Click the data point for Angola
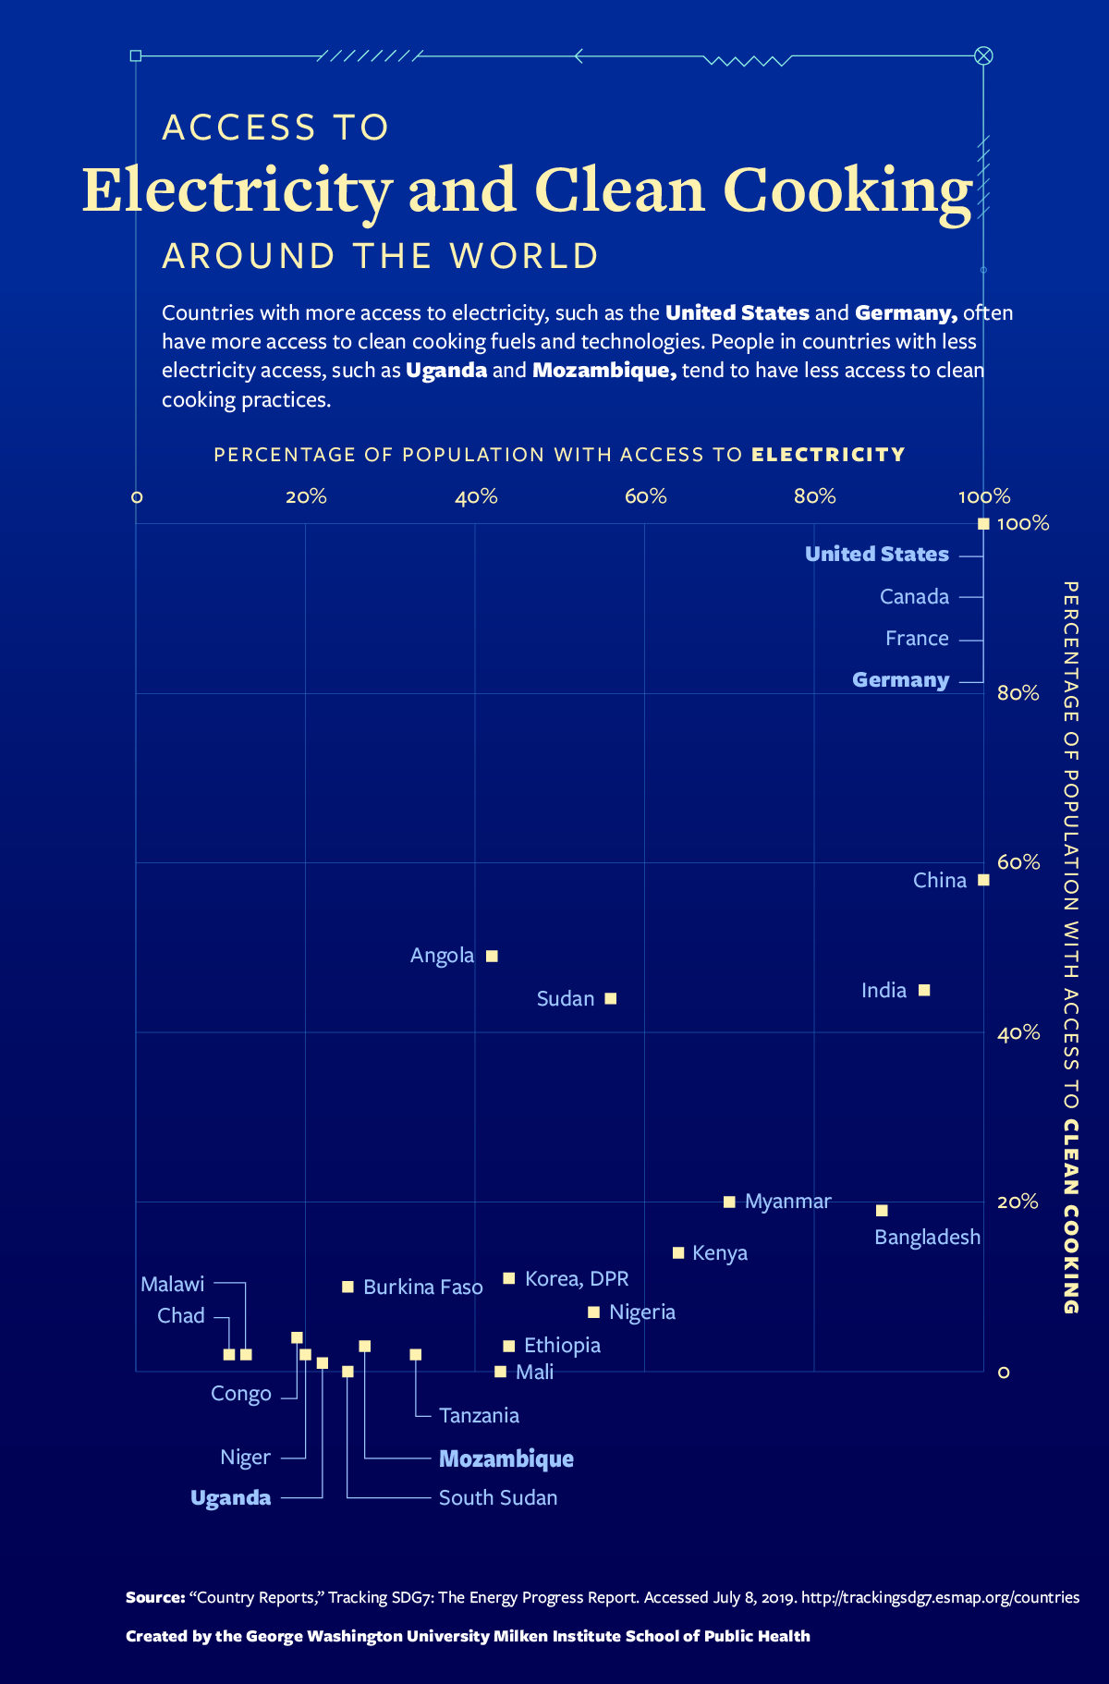492,956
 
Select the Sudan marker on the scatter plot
610,998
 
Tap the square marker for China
983,880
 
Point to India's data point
924,990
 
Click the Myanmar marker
729,1202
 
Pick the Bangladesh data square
882,1210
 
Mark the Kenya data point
678,1252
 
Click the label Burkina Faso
422,1287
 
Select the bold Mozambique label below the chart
506,1458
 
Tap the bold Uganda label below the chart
230,1497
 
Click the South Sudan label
497,1497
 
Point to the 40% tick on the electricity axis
476,497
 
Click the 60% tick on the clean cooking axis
1018,862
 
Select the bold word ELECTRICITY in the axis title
828,455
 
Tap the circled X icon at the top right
983,55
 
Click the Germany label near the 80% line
900,680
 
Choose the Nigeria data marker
593,1312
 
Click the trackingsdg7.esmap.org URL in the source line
940,1597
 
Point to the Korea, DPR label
576,1278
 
